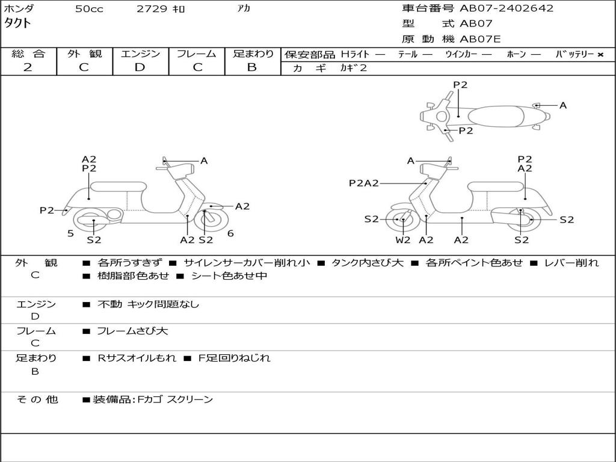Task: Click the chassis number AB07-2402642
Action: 507,8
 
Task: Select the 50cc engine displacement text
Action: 89,9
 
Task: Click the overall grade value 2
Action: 28,67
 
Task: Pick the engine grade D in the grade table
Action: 140,67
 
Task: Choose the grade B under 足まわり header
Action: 252,67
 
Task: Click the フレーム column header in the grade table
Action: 197,54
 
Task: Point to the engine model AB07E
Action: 480,40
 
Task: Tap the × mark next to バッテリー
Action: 600,55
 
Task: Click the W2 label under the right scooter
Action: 402,240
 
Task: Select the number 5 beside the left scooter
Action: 70,233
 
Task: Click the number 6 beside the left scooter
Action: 230,233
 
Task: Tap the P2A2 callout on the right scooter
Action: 364,183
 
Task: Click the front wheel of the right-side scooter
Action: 402,220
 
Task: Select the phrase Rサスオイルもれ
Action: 137,358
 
